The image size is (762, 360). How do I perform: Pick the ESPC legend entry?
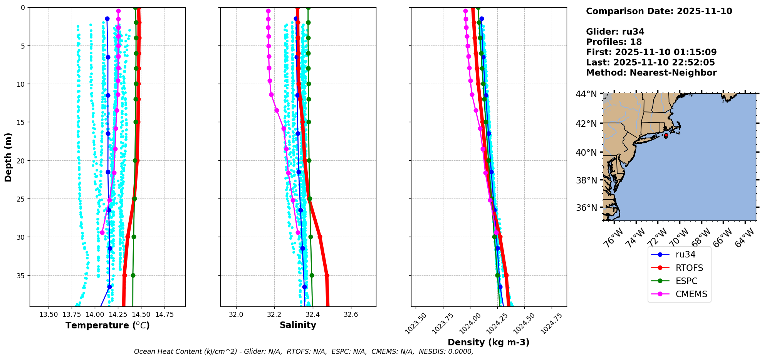pos(686,281)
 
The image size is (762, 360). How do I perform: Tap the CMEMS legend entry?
pos(691,294)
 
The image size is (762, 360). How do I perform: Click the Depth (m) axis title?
pos(8,157)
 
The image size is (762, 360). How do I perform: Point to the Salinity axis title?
pos(298,325)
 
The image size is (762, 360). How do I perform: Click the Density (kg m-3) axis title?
pos(488,342)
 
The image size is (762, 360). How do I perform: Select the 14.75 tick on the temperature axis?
pos(164,315)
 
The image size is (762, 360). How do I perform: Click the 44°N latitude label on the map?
pos(586,94)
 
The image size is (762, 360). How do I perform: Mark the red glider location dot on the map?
pos(666,135)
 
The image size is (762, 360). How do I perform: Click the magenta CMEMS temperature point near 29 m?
pos(102,232)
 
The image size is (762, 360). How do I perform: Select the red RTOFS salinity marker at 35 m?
pos(327,275)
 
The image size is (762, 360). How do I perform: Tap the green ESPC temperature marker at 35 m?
pos(133,275)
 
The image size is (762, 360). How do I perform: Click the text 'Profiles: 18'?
pos(614,42)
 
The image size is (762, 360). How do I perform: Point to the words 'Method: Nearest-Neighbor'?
pos(651,73)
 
